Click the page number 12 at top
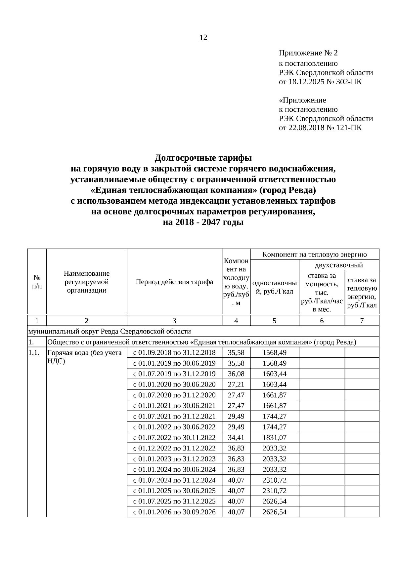[x=203, y=38]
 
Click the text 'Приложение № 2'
[x=308, y=53]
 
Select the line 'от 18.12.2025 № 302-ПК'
[x=320, y=82]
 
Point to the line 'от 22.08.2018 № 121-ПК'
[x=320, y=128]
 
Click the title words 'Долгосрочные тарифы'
[x=203, y=158]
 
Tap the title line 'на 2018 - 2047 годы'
[x=203, y=222]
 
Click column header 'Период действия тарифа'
[x=174, y=282]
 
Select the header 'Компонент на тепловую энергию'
[x=314, y=254]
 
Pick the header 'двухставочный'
[x=339, y=265]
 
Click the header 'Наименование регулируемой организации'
[x=87, y=282]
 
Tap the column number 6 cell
[x=322, y=320]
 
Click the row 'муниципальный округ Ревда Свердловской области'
[x=110, y=331]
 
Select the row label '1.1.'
[x=34, y=353]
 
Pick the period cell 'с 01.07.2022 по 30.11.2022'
[x=174, y=438]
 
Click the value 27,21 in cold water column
[x=236, y=384]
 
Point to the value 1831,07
[x=274, y=438]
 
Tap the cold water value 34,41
[x=236, y=438]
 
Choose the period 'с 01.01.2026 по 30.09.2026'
[x=174, y=512]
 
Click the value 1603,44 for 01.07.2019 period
[x=274, y=374]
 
